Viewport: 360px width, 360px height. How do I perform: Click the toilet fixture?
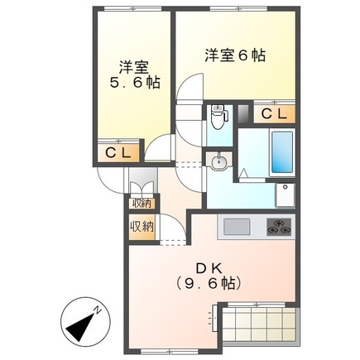click(219, 117)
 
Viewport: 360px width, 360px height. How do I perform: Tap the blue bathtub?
click(281, 152)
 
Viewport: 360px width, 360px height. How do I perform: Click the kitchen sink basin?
click(234, 226)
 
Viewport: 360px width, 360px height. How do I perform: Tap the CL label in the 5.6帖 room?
click(116, 152)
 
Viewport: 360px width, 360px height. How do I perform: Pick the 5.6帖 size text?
click(135, 84)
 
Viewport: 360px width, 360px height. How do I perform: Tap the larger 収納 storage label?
click(141, 226)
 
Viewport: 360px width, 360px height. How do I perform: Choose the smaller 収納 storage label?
click(141, 203)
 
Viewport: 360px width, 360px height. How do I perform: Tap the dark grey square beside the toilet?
click(242, 113)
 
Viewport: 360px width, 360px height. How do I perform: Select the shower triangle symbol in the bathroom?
click(247, 172)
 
